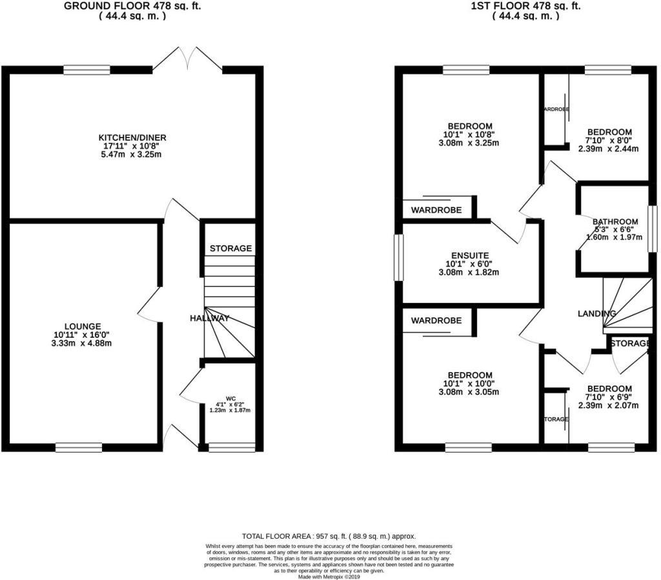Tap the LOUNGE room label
82,326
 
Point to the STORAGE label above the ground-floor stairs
230,249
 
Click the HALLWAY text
209,318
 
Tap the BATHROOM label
615,222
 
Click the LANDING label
596,313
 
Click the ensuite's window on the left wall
398,258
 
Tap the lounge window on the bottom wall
74,446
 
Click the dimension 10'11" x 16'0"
82,335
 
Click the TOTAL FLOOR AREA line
329,536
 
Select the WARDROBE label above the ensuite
436,210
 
